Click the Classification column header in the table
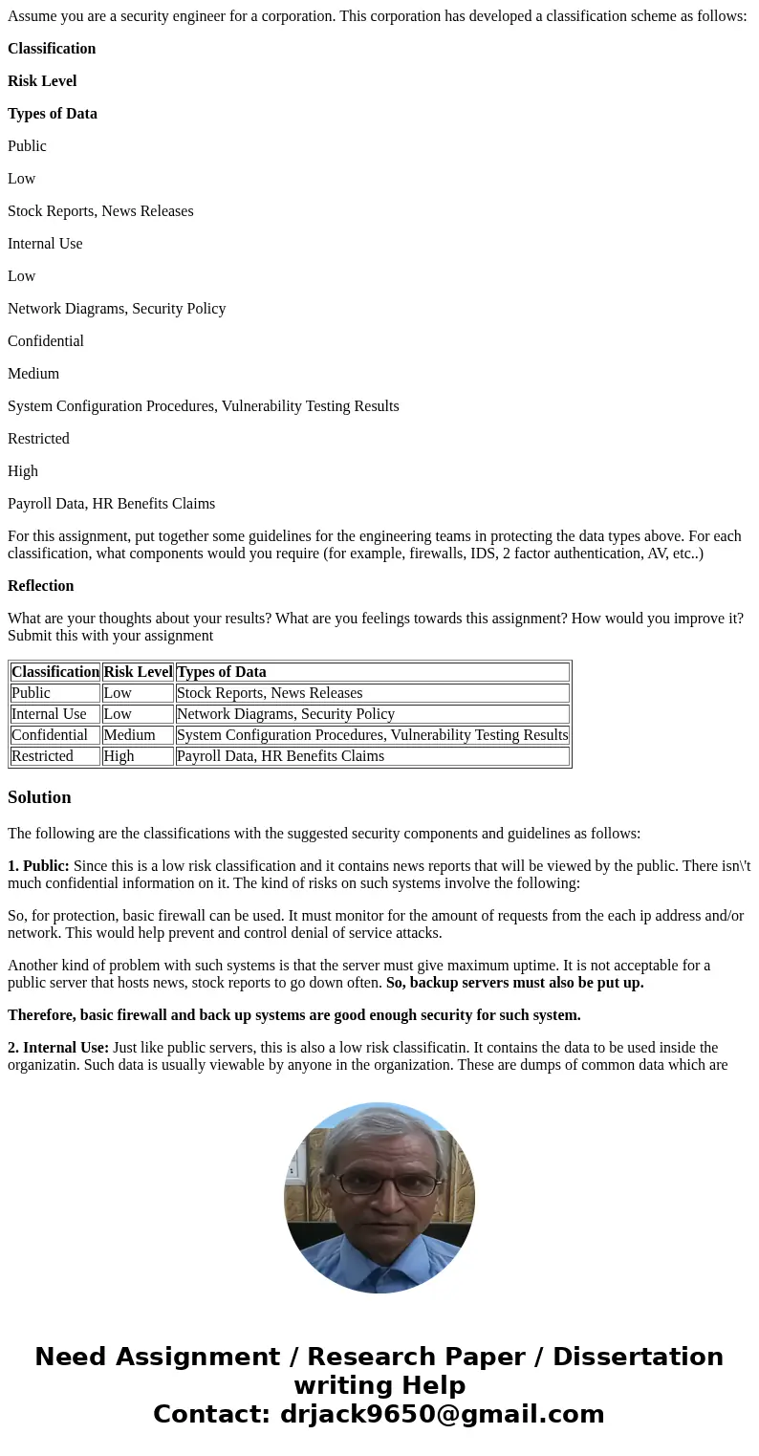click(x=55, y=672)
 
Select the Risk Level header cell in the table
click(x=138, y=672)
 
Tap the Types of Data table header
click(x=222, y=672)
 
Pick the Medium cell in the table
click(x=129, y=735)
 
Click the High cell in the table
click(x=119, y=756)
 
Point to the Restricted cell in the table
click(x=42, y=756)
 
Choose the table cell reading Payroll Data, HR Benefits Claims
click(x=280, y=756)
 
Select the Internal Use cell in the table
click(x=49, y=714)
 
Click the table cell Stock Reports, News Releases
click(x=270, y=693)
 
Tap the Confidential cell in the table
click(x=50, y=735)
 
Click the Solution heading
click(x=39, y=797)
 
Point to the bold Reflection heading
click(x=40, y=586)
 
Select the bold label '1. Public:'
click(x=38, y=866)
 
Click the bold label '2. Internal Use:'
click(x=58, y=1048)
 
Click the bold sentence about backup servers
click(x=514, y=983)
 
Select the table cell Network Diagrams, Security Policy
click(x=285, y=714)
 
